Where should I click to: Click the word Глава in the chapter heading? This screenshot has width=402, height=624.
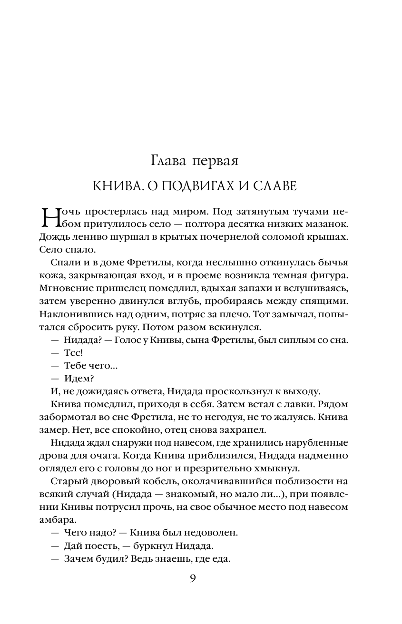pyautogui.click(x=167, y=160)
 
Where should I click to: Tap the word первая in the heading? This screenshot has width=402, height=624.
pyautogui.click(x=216, y=161)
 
